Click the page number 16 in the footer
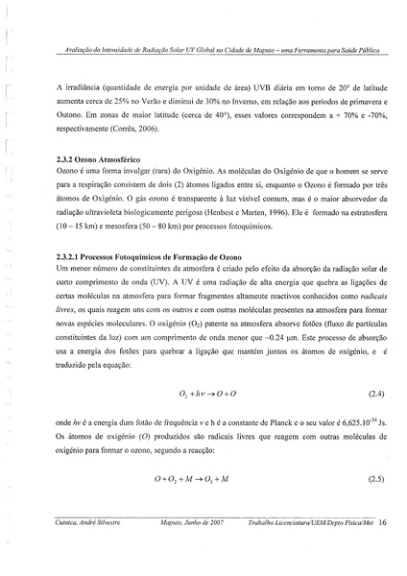[382, 524]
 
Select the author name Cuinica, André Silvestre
[86, 524]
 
